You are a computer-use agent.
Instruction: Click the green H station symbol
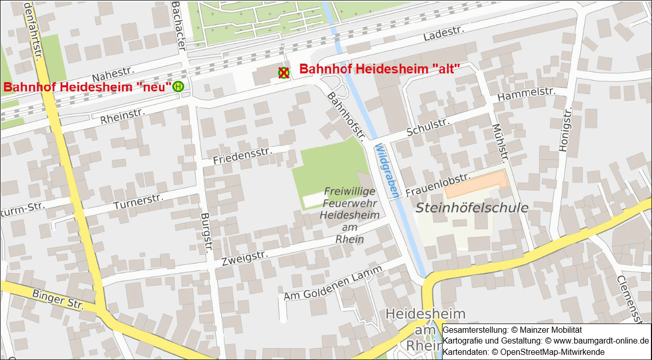point(178,87)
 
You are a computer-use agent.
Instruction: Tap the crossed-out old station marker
point(283,73)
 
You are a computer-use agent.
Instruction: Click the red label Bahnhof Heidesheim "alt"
point(379,69)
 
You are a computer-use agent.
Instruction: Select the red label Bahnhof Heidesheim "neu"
point(87,87)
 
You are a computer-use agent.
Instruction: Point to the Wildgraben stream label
point(387,171)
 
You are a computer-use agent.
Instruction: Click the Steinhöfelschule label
point(471,208)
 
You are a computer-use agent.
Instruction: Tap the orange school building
point(475,185)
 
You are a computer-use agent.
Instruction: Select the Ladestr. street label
point(444,34)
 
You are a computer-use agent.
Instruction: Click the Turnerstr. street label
point(138,201)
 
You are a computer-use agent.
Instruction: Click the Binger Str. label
point(57,299)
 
